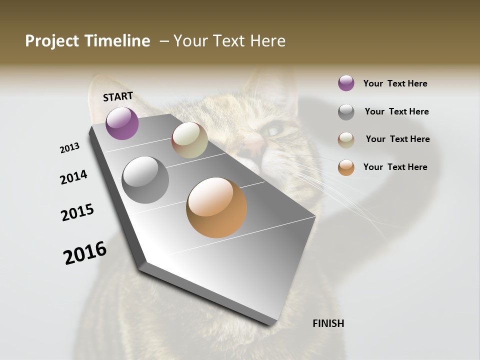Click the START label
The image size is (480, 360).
pos(118,96)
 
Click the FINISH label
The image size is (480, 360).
pos(328,323)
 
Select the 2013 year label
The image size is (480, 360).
pos(69,148)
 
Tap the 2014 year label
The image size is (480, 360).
pos(73,177)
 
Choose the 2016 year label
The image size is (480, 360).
pos(85,252)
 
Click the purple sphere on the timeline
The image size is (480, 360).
pos(122,123)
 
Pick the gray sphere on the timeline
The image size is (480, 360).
pos(145,180)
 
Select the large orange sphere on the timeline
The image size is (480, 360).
pos(216,207)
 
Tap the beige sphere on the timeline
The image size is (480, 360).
pos(189,140)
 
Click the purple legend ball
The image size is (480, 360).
pos(346,83)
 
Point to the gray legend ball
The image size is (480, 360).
pos(346,112)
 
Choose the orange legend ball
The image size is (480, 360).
pos(346,167)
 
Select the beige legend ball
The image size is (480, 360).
pos(346,139)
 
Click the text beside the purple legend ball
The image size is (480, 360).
pos(395,83)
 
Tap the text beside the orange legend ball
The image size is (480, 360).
pos(395,167)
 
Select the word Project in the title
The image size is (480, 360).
pos(52,41)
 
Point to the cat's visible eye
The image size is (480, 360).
pos(274,131)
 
